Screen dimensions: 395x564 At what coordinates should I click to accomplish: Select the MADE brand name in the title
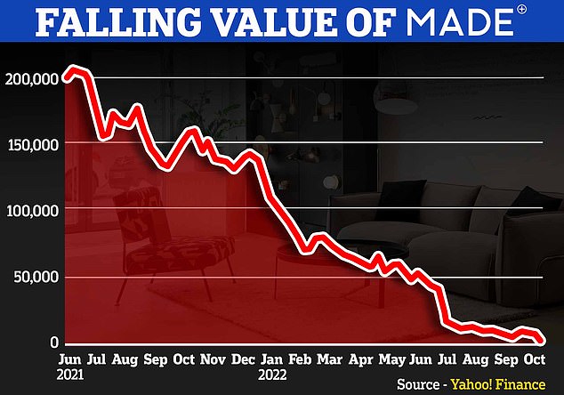click(x=451, y=24)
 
